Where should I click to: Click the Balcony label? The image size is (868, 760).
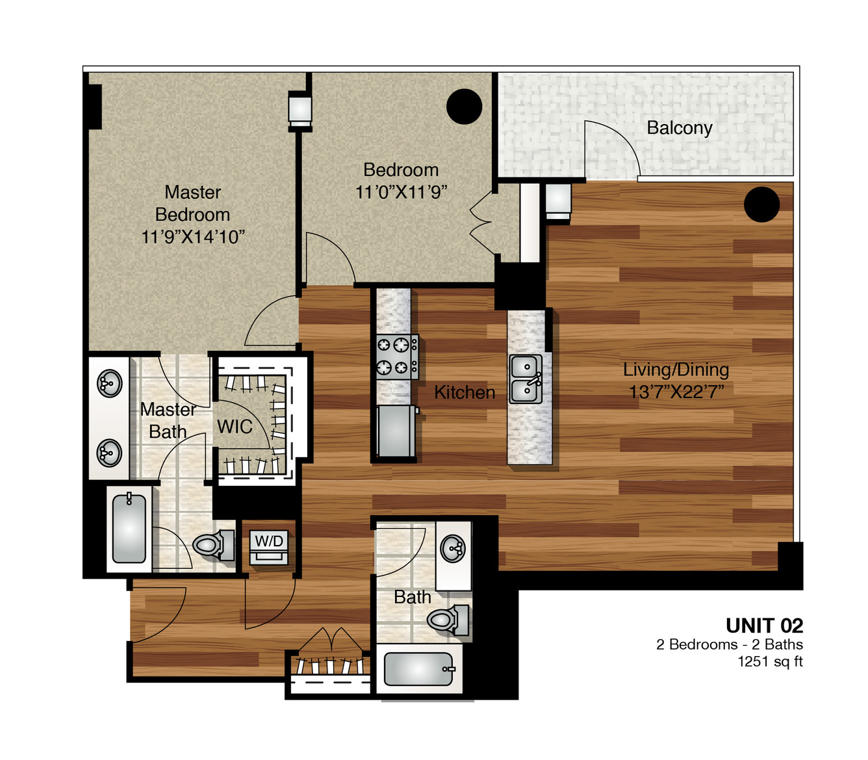click(679, 128)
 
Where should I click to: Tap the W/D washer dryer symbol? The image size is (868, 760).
click(269, 547)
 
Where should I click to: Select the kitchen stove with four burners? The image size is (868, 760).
click(397, 357)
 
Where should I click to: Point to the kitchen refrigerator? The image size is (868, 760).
click(396, 431)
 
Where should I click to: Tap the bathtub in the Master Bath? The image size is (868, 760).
click(129, 529)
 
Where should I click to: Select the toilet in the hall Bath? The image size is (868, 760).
click(448, 620)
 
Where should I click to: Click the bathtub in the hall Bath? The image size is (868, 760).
click(418, 669)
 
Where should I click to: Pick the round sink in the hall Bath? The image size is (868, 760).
click(453, 548)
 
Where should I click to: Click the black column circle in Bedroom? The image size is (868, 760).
click(464, 107)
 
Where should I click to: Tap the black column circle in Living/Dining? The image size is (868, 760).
click(761, 205)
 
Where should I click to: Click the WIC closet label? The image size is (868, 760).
click(235, 426)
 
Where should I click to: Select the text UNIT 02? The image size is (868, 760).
click(765, 626)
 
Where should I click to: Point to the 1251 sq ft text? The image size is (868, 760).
click(771, 662)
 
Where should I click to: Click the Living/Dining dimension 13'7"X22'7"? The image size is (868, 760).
click(676, 392)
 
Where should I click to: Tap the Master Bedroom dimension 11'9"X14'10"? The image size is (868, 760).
click(193, 236)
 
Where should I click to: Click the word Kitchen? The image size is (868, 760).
click(465, 392)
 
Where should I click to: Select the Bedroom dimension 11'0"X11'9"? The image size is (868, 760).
click(402, 192)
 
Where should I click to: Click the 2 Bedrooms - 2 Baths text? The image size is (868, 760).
click(730, 644)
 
